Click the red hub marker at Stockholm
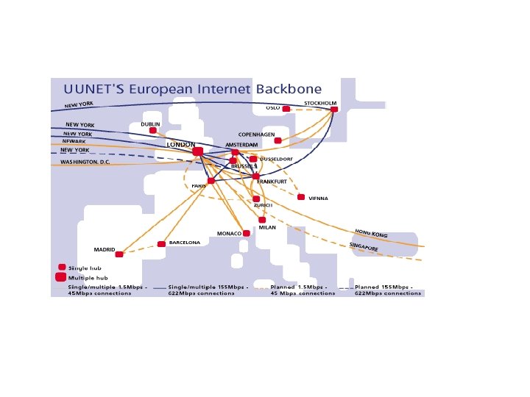[x=334, y=110]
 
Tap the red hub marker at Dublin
[x=153, y=130]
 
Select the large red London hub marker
[x=197, y=151]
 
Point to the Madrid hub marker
[x=119, y=254]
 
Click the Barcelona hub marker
[x=161, y=244]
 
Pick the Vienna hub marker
[x=301, y=197]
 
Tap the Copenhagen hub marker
[x=278, y=140]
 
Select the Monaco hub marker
[x=246, y=233]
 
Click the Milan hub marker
[x=262, y=219]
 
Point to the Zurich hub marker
[x=256, y=198]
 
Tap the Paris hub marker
[x=211, y=181]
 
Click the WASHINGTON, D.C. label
[x=80, y=162]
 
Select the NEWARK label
[x=74, y=142]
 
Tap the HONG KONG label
[x=371, y=233]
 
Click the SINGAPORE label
[x=364, y=247]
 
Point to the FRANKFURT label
[x=272, y=182]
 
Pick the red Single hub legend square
[x=62, y=268]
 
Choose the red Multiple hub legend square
[x=62, y=277]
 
